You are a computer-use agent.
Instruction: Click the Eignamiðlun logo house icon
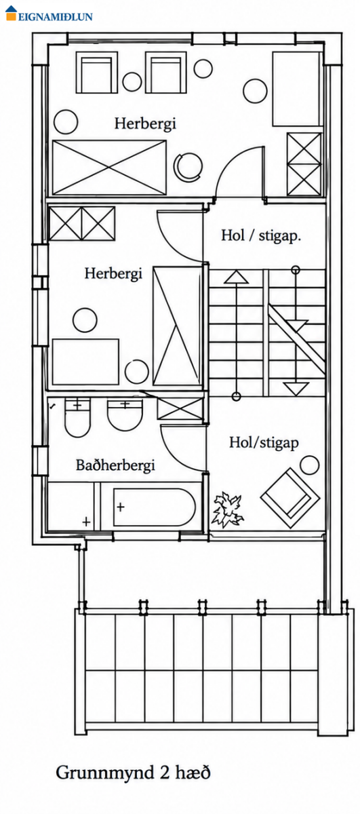pyautogui.click(x=12, y=13)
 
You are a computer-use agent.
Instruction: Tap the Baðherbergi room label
pyautogui.click(x=115, y=465)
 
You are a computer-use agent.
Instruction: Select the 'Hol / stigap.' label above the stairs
pyautogui.click(x=261, y=235)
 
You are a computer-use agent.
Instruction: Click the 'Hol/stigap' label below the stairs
pyautogui.click(x=264, y=443)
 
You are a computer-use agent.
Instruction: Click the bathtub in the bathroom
pyautogui.click(x=155, y=507)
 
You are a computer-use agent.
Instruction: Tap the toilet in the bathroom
pyautogui.click(x=77, y=417)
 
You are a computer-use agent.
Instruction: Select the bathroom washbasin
pyautogui.click(x=125, y=414)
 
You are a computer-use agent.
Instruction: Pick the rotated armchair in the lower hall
pyautogui.click(x=290, y=498)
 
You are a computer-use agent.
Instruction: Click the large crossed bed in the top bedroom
pyautogui.click(x=109, y=168)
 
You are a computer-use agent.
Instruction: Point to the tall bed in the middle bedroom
pyautogui.click(x=177, y=326)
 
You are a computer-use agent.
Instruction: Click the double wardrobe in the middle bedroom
pyautogui.click(x=82, y=223)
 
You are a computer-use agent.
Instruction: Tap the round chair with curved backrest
pyautogui.click(x=188, y=166)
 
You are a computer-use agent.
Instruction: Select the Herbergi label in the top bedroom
pyautogui.click(x=145, y=123)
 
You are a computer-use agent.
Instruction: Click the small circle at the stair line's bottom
pyautogui.click(x=236, y=396)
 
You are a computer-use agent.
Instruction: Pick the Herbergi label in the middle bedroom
pyautogui.click(x=113, y=273)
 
